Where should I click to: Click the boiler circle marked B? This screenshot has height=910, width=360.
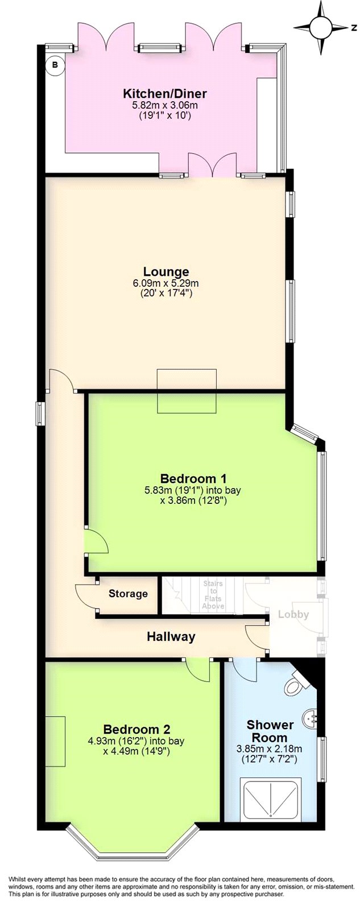tap(55, 65)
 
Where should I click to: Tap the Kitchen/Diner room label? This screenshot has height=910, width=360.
tap(165, 94)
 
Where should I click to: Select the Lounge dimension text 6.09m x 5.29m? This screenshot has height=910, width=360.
tap(165, 283)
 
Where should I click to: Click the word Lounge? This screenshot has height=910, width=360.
tap(165, 271)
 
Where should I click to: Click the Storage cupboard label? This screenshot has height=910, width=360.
tap(128, 594)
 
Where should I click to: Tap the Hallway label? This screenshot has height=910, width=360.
tap(171, 636)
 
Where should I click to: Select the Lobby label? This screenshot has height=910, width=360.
tap(293, 614)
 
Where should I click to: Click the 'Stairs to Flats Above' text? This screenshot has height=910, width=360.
tap(213, 595)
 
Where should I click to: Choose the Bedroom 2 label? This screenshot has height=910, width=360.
tap(136, 729)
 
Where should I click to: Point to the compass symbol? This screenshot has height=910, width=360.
tap(321, 27)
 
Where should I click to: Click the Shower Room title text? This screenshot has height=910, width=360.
tap(270, 731)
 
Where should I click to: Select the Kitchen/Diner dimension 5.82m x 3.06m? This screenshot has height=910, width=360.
tap(165, 105)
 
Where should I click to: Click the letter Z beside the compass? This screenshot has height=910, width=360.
tap(354, 27)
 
